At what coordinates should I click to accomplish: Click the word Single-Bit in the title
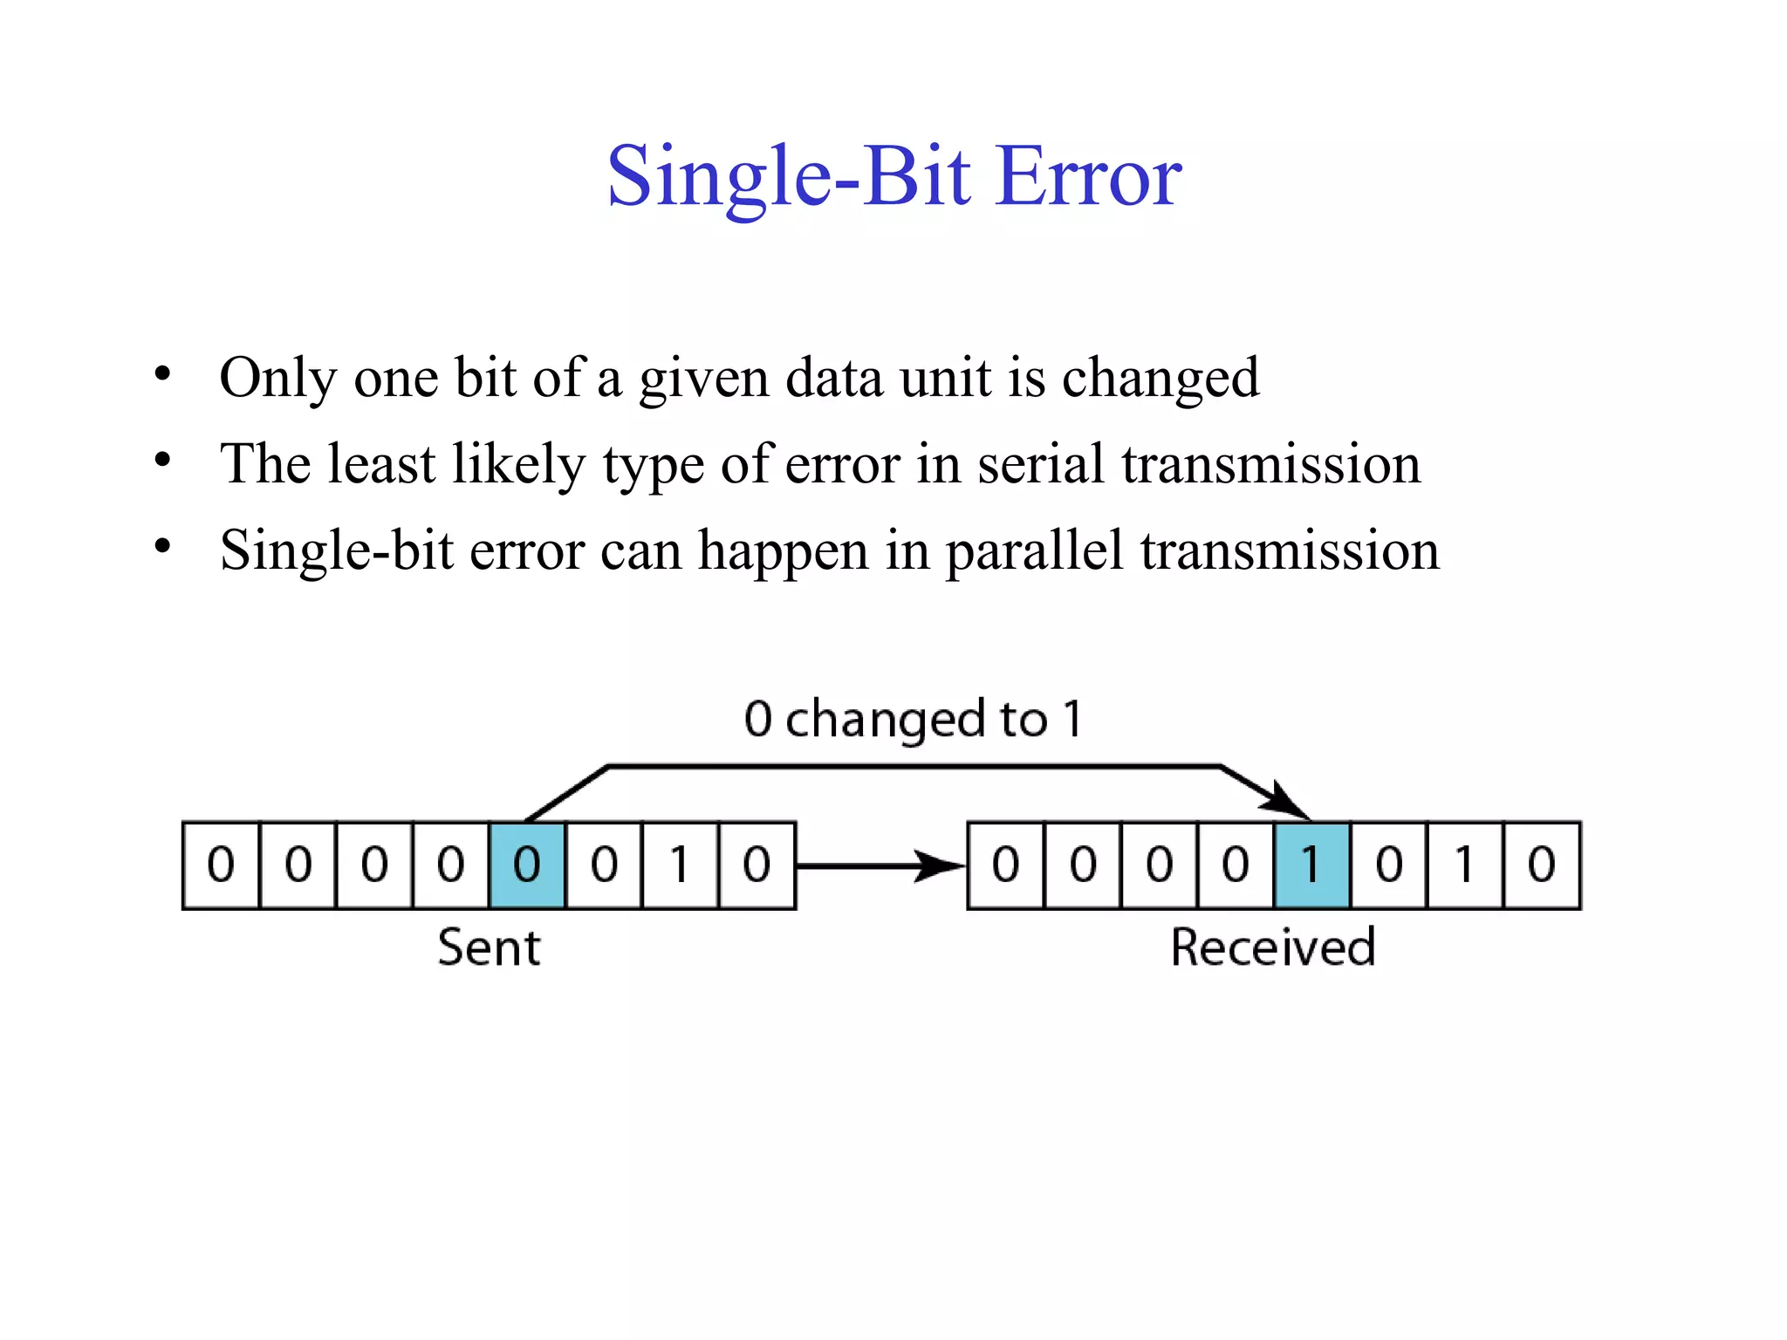[789, 177]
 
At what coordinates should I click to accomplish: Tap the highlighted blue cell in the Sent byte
[527, 865]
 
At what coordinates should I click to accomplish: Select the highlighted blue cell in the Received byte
[1311, 865]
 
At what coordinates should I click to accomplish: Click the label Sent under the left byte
[489, 948]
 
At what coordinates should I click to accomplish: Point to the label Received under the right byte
[1273, 948]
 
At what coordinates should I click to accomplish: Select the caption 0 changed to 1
[913, 720]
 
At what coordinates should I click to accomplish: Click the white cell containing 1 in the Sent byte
[680, 865]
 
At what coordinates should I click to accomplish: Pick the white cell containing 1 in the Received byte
[1465, 865]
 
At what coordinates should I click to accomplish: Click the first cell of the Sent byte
[221, 865]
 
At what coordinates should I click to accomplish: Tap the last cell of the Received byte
[1542, 865]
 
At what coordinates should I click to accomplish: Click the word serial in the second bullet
[1041, 464]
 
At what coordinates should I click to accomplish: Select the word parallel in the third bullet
[1035, 551]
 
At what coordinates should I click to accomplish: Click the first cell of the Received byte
[1006, 865]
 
